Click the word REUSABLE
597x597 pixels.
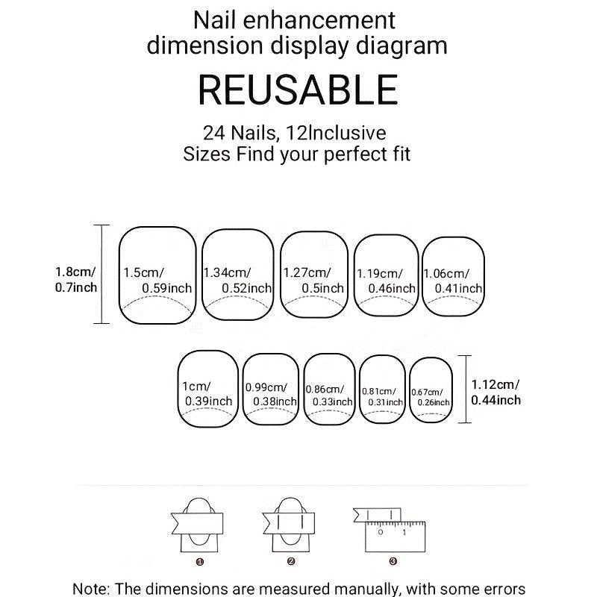pos(298,90)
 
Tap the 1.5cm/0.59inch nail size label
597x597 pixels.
pos(157,281)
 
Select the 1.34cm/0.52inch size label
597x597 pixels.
pos(237,281)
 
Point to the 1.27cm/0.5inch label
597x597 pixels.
pos(313,281)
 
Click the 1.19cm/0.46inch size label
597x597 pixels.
pos(386,281)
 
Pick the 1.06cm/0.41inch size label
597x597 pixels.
pos(453,281)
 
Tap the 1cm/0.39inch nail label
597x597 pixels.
pos(207,394)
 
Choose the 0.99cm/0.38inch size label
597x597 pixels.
pos(271,395)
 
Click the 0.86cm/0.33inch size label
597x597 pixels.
pos(329,396)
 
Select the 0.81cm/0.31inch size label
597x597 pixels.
pos(382,397)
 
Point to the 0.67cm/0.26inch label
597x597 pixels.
pos(431,397)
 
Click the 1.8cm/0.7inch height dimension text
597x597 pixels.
pos(76,279)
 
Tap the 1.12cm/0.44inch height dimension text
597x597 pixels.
pos(496,393)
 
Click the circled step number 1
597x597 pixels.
pos(200,562)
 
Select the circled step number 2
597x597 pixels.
pos(291,561)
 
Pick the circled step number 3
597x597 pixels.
pos(393,561)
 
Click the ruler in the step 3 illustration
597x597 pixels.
pos(396,537)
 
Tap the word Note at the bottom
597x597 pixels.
pos(89,589)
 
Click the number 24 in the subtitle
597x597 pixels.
pos(214,134)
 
